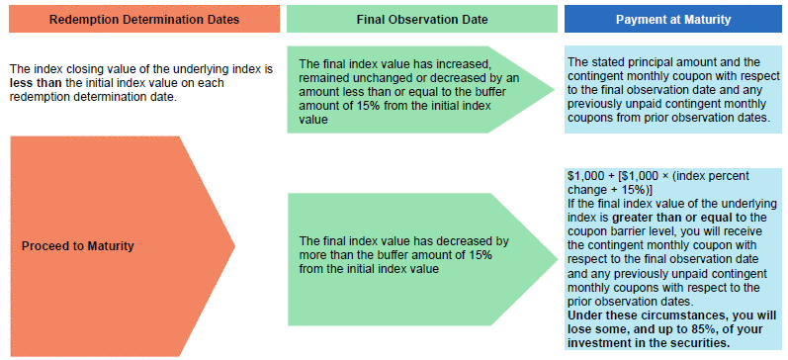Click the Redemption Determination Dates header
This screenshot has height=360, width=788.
(144, 20)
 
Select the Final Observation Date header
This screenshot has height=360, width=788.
(421, 20)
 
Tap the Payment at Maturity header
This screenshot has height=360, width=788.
(673, 20)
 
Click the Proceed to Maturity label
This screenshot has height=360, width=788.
(78, 246)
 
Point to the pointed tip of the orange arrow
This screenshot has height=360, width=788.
(234, 246)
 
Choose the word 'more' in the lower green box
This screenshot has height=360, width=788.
(311, 255)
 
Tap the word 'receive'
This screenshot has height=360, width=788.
(745, 231)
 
